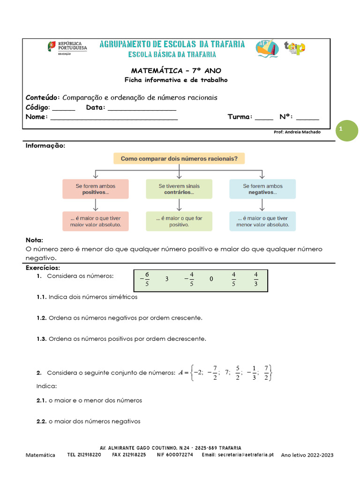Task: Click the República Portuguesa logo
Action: (x=67, y=47)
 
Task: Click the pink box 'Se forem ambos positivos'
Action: (x=96, y=189)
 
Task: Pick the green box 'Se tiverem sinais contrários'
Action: (x=179, y=189)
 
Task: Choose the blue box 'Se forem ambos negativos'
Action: (x=262, y=189)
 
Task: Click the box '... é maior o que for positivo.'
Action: (x=179, y=221)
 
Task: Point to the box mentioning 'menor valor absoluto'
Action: (x=262, y=221)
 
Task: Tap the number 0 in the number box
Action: (x=211, y=279)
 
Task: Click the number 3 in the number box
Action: (x=167, y=279)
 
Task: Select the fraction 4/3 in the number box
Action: (x=256, y=279)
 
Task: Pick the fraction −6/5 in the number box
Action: (x=145, y=279)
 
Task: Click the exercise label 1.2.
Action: (x=41, y=318)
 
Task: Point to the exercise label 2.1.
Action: (x=41, y=401)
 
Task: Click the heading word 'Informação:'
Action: (x=45, y=146)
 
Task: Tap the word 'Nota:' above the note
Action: (x=34, y=240)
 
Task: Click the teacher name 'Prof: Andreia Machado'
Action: (x=297, y=132)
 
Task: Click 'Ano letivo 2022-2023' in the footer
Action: (x=307, y=455)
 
